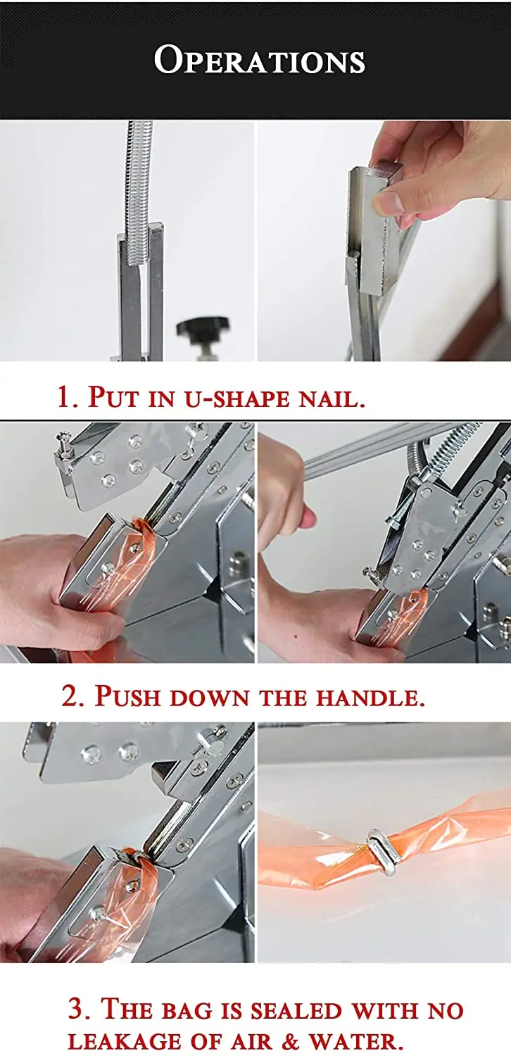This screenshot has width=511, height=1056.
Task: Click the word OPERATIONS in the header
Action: (260, 60)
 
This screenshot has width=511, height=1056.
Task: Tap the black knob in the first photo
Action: (203, 326)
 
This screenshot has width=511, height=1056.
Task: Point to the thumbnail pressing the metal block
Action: (388, 203)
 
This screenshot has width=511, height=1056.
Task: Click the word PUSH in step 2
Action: (125, 696)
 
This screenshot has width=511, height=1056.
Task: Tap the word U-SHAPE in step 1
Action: (236, 399)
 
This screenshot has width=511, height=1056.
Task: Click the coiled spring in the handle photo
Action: (455, 446)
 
